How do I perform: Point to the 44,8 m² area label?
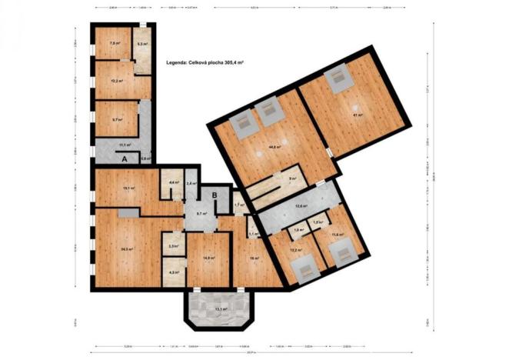(x=273, y=147)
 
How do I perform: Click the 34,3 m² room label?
(x=128, y=248)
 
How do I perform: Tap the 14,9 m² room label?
(x=208, y=258)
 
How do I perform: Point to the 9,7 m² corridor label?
(x=201, y=213)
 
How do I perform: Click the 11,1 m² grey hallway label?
(x=125, y=145)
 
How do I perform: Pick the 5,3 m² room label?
(x=141, y=44)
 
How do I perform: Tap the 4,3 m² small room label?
(x=174, y=272)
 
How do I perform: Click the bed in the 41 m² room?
(x=338, y=80)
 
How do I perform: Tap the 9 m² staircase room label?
(x=292, y=178)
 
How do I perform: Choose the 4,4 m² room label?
(x=175, y=182)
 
